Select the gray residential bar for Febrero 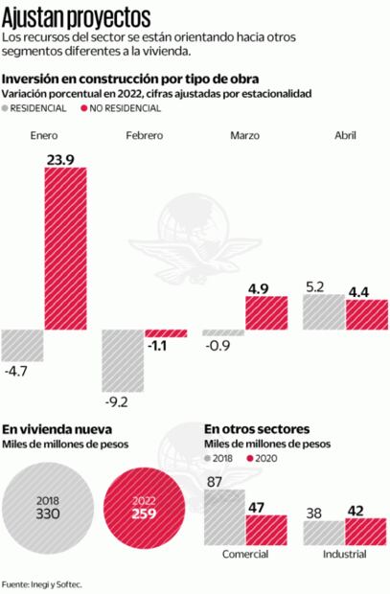[x=123, y=360]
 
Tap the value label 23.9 [x=64, y=156]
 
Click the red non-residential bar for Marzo [x=267, y=313]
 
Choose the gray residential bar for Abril [x=323, y=312]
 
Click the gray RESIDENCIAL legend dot [x=9, y=109]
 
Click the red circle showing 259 [x=143, y=507]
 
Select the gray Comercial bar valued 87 [x=224, y=518]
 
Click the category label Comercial [x=245, y=555]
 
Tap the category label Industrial [x=344, y=555]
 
